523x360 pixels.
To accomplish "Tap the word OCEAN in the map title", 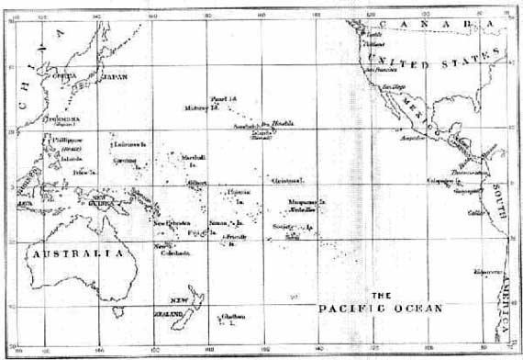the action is point(418,309).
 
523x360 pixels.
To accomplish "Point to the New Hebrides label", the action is point(172,223).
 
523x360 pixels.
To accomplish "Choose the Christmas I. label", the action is point(287,181).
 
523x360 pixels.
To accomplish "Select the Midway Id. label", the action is point(201,107).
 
